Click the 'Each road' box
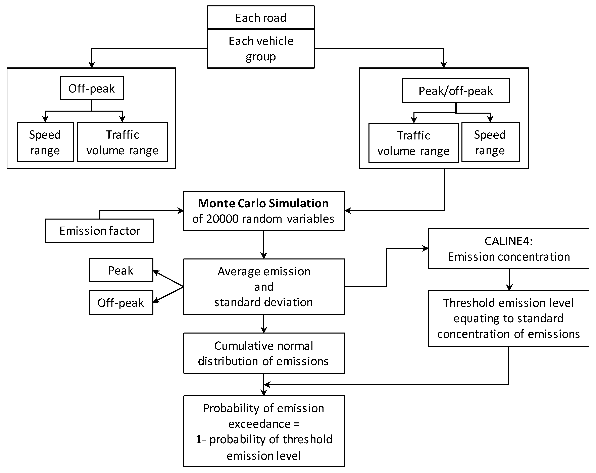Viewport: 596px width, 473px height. tap(261, 17)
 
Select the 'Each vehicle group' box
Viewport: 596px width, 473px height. tap(261, 49)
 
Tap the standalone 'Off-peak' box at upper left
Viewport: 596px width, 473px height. tap(92, 88)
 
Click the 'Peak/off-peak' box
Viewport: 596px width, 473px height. tap(456, 91)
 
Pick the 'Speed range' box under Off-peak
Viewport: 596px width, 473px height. tap(45, 142)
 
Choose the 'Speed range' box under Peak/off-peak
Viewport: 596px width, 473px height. tap(490, 142)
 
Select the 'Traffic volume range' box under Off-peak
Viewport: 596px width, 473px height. tap(122, 142)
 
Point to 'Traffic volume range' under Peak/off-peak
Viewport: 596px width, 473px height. tap(413, 143)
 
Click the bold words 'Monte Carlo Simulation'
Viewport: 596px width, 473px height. tap(263, 203)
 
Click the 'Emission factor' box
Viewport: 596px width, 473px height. tap(100, 231)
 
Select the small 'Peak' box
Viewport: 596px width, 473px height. tap(121, 270)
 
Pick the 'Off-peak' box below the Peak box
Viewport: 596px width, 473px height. tap(121, 303)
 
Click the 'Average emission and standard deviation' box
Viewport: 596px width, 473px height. tap(264, 287)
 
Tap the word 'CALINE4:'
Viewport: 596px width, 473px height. tap(509, 241)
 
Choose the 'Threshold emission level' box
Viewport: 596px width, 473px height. tap(509, 318)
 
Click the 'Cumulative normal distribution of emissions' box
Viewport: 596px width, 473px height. tap(264, 353)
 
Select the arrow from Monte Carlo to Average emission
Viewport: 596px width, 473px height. tap(264, 244)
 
